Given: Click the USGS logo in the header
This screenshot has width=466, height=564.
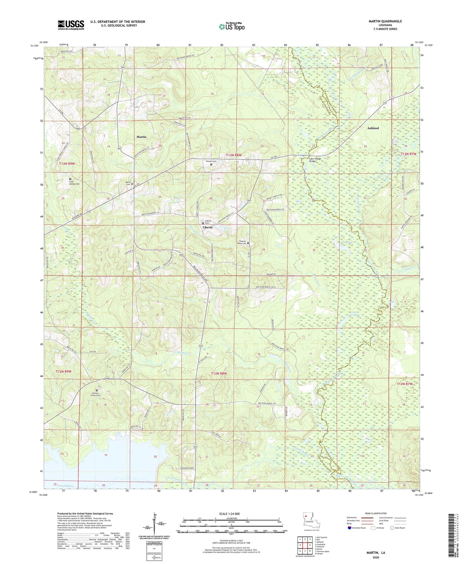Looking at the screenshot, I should [x=71, y=25].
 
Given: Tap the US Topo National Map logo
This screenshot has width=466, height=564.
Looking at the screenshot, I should [x=232, y=26].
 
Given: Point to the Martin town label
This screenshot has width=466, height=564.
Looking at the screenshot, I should [x=141, y=137].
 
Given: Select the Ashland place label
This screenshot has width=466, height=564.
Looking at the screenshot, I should [x=373, y=128].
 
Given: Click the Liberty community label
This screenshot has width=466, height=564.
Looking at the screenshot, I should [x=207, y=227].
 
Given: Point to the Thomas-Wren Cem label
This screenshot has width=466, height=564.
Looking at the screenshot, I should [x=242, y=242].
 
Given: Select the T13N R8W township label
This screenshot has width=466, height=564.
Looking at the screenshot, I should [x=234, y=155].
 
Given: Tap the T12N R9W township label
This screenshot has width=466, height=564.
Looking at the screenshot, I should [x=64, y=372].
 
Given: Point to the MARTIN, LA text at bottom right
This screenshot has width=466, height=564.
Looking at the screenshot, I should [x=375, y=553].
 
